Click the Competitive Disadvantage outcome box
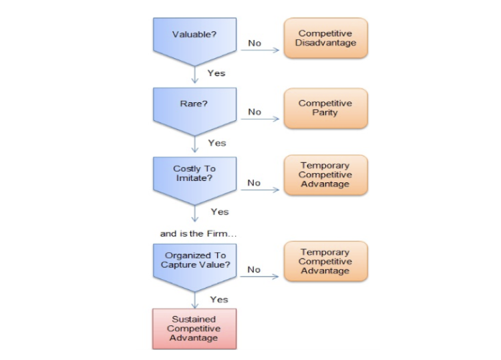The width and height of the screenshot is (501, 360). click(325, 38)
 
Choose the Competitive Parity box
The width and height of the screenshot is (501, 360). click(325, 108)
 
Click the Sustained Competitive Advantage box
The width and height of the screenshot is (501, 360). click(194, 329)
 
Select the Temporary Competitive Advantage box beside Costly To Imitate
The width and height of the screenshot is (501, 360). click(325, 175)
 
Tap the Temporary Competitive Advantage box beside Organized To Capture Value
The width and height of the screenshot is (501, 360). click(325, 261)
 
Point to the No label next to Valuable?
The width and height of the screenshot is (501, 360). click(255, 43)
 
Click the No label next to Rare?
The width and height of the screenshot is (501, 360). click(255, 112)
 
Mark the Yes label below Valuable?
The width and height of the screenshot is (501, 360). click(216, 73)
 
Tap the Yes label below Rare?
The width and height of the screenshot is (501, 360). click(217, 143)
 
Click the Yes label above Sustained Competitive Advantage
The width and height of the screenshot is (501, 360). click(219, 299)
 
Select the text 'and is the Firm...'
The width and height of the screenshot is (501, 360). click(198, 234)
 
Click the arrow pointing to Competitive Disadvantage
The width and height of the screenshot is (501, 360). click(260, 50)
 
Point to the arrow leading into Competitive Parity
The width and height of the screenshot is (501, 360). click(260, 119)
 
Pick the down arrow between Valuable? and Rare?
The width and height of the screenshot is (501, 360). click(195, 75)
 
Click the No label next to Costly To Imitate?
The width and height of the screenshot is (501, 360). click(254, 183)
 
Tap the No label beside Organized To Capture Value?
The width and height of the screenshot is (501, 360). click(254, 270)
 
